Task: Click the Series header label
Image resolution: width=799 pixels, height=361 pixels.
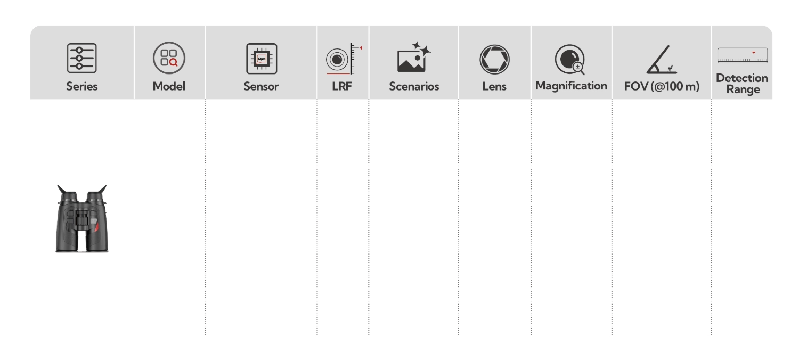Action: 82,86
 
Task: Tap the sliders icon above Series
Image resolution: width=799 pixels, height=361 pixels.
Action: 82,58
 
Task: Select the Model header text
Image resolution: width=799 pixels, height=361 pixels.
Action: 169,86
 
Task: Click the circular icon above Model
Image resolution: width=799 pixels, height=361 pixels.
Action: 169,58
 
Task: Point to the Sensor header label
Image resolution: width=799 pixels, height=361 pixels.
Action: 261,86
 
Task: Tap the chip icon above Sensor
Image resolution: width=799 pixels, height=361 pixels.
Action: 261,58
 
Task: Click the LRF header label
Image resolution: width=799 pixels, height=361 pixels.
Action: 341,86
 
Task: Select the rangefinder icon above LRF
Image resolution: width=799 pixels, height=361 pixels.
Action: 341,59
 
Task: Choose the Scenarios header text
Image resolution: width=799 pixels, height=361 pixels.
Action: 414,86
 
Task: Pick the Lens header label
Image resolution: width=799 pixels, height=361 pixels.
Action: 494,86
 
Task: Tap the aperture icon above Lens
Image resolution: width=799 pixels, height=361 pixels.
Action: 494,59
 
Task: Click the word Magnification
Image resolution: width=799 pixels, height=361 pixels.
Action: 571,86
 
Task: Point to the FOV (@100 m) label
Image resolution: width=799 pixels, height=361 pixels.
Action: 662,86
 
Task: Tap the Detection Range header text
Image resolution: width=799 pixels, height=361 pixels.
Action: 742,84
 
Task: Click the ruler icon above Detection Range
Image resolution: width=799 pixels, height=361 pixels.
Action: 742,55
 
